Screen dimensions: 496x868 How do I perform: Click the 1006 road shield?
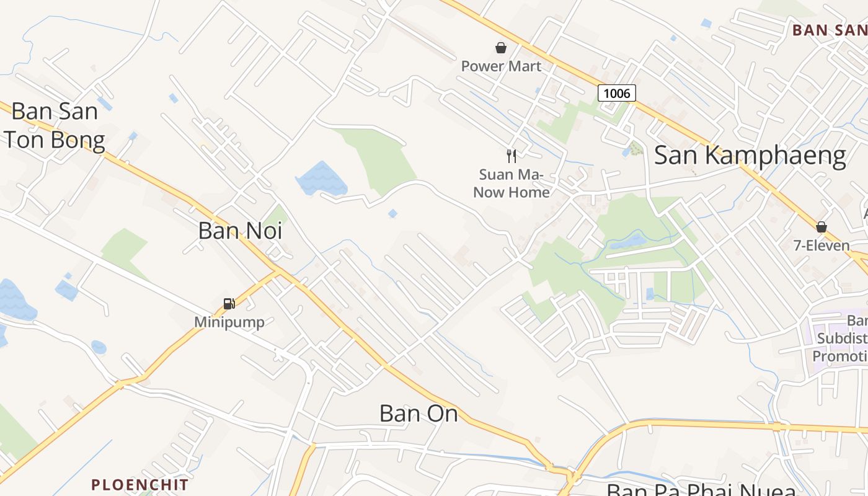pos(617,93)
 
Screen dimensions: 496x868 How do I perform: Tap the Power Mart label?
pos(501,66)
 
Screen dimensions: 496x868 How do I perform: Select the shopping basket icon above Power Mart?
pos(500,48)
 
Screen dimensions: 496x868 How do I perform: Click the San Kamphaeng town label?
pos(750,156)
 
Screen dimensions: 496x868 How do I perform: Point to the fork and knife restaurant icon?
pos(511,156)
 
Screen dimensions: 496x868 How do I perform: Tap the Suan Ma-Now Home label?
pos(511,184)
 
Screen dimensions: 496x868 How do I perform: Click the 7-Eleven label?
pos(821,246)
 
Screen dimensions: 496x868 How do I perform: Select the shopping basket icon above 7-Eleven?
pos(821,227)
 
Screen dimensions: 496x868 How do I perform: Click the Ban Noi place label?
pos(240,231)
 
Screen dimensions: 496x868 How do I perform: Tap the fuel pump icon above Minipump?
pos(229,303)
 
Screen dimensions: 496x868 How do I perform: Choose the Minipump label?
pos(229,322)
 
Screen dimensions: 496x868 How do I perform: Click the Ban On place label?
pos(418,414)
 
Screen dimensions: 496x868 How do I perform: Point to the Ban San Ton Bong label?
pos(54,126)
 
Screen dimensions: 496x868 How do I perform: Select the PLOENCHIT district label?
pos(139,484)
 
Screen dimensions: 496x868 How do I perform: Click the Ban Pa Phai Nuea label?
pos(701,490)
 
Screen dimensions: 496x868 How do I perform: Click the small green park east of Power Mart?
pos(635,149)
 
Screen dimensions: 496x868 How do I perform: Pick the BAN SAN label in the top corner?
pos(829,30)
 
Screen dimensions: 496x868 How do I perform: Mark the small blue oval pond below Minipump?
pos(99,347)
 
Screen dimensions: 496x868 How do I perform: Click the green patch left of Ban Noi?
pos(124,251)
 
